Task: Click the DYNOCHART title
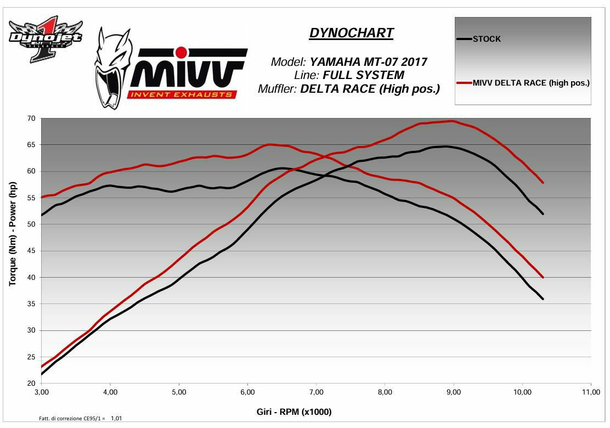(351, 33)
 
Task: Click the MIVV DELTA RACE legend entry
(531, 83)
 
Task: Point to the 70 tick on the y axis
(31, 119)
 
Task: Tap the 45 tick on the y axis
(31, 251)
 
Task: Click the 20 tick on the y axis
(31, 383)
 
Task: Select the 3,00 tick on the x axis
(41, 392)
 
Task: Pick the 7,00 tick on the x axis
(316, 392)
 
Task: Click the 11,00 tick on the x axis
(590, 392)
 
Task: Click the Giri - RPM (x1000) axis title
(294, 412)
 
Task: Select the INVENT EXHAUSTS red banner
(182, 94)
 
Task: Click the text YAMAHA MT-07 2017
(368, 61)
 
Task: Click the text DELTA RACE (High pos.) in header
(370, 89)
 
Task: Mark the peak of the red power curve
(451, 121)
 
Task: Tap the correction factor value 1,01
(116, 419)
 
